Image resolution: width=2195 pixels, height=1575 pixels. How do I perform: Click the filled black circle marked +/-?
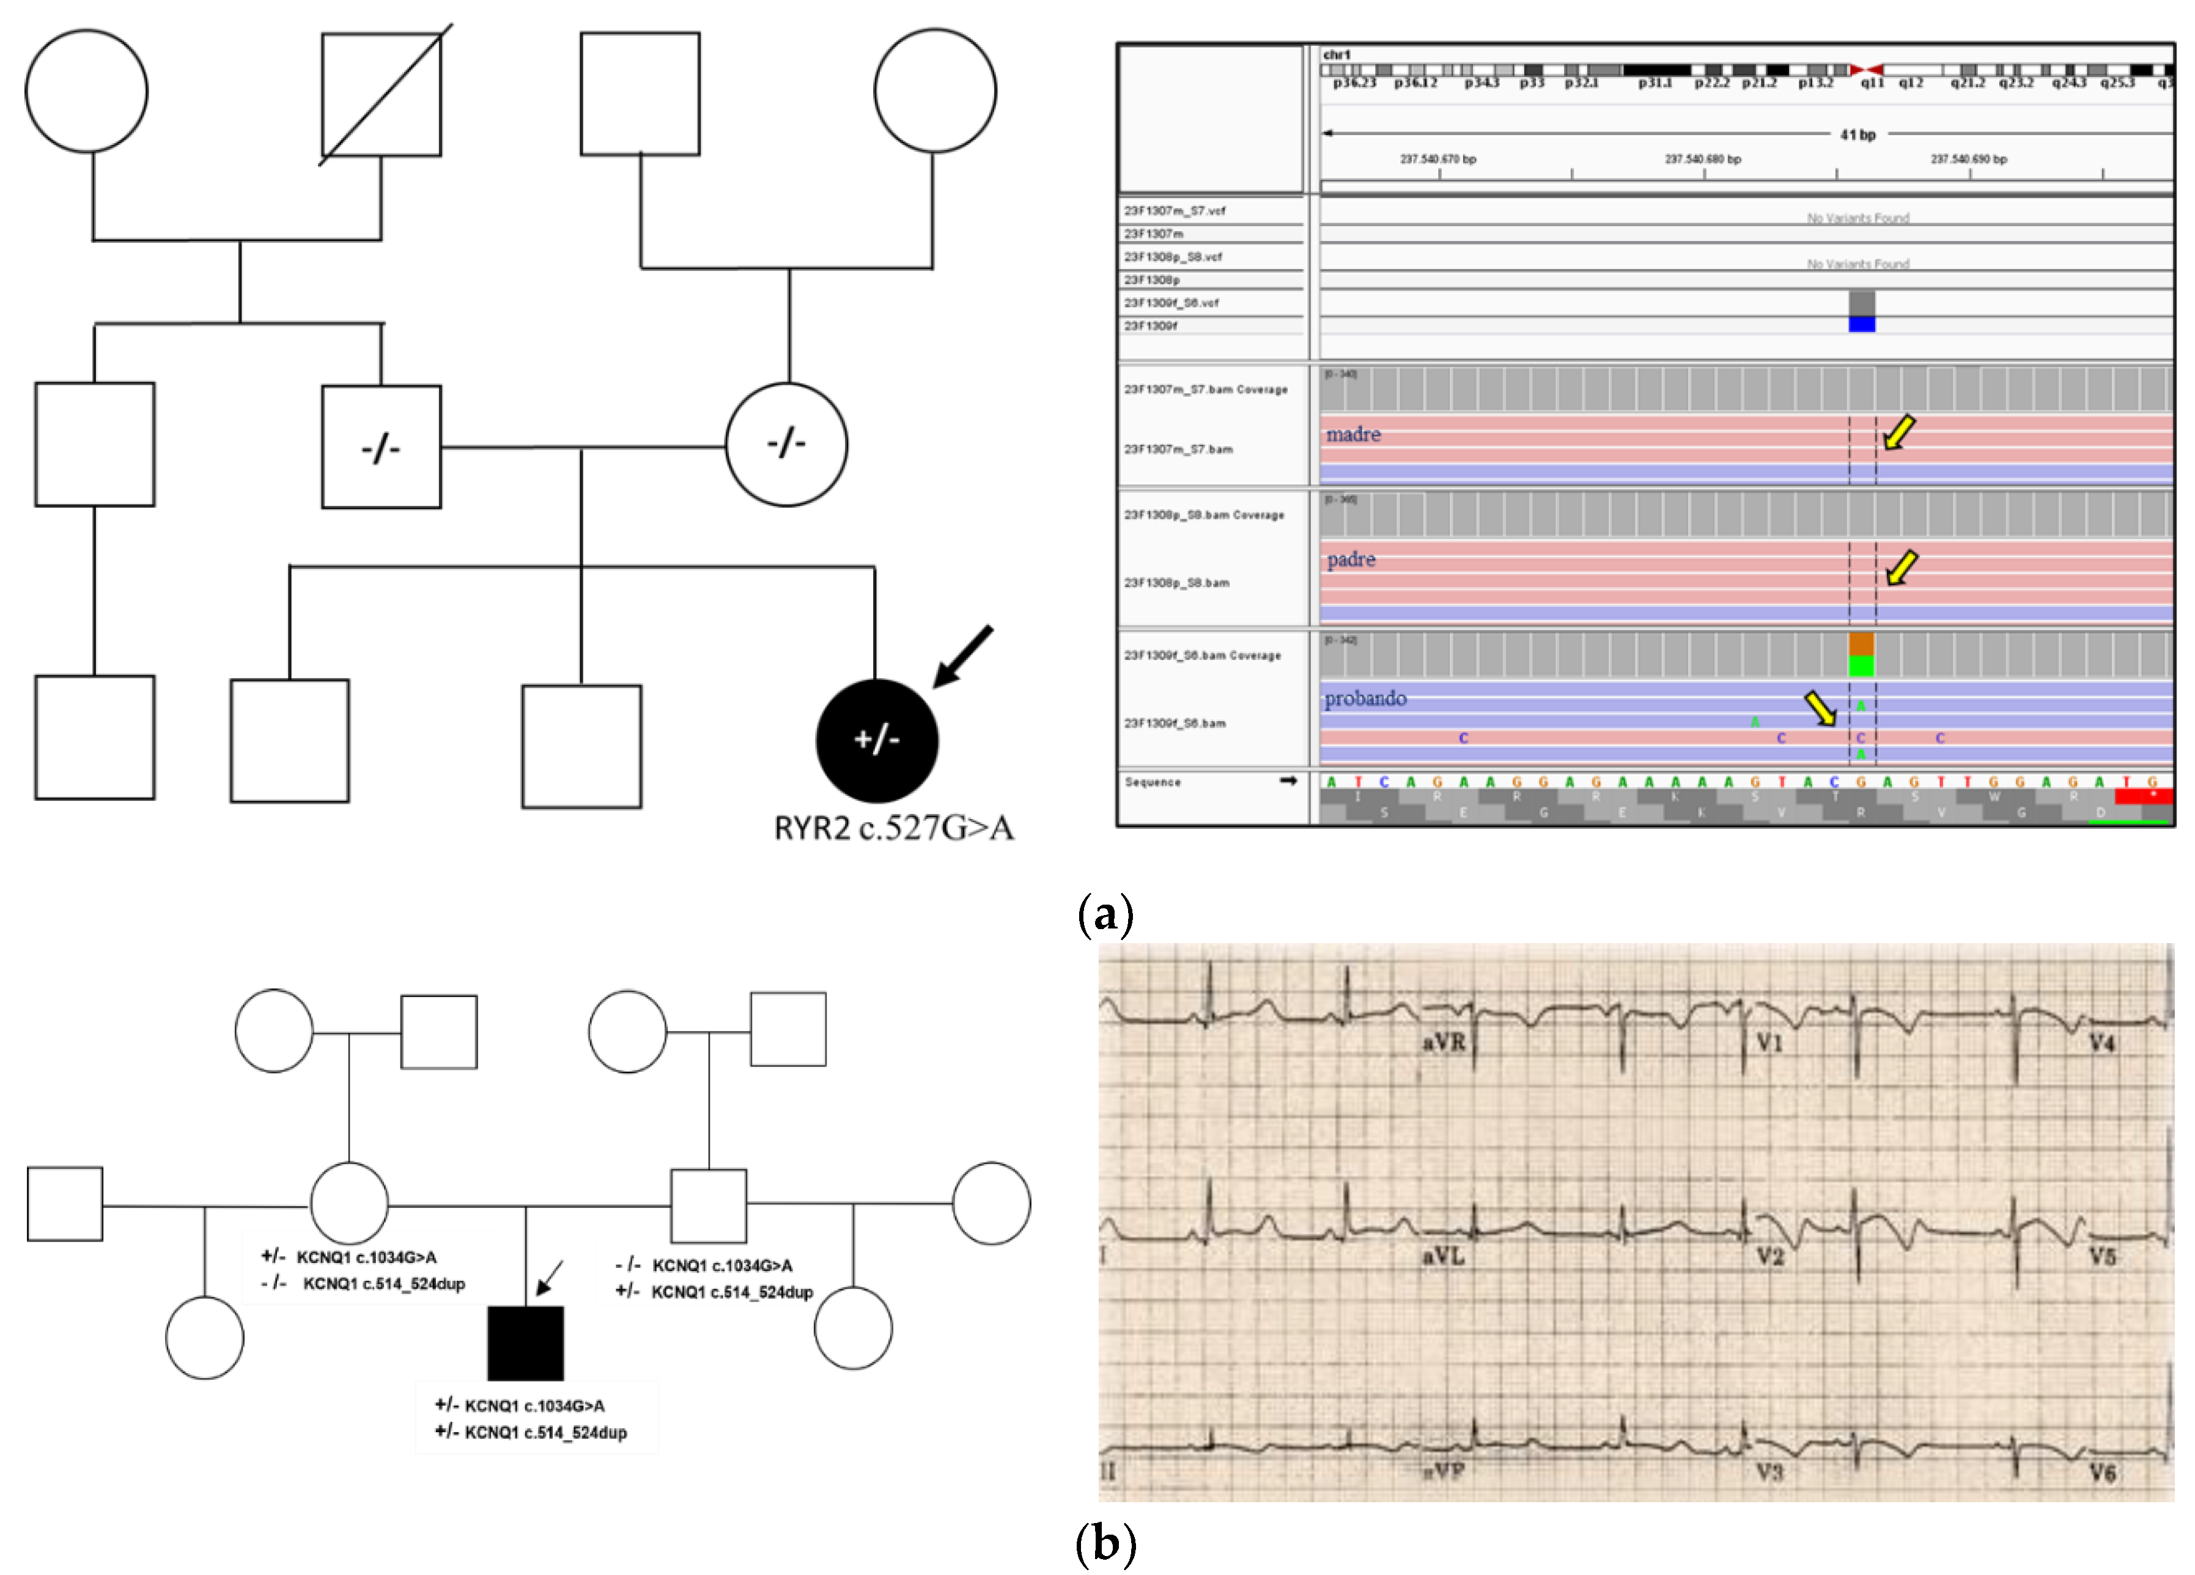click(877, 741)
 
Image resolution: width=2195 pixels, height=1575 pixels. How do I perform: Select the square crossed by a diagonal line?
click(382, 94)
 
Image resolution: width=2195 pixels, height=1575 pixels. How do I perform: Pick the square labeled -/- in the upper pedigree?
click(382, 447)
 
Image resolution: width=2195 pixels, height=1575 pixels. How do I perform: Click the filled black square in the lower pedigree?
click(526, 1344)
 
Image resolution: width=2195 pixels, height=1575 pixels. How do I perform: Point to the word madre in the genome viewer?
click(1353, 435)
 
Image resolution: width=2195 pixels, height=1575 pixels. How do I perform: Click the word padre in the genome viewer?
click(1351, 560)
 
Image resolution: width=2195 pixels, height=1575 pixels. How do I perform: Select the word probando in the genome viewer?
click(1365, 698)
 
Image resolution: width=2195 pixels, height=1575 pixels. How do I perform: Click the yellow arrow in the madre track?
click(1899, 432)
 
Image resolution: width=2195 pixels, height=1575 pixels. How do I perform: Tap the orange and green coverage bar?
click(1861, 654)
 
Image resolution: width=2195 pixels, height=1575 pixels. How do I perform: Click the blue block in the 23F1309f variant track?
click(1861, 324)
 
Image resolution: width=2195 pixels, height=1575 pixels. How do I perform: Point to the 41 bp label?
click(1857, 135)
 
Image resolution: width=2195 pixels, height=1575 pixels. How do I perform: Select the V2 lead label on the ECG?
click(1770, 1256)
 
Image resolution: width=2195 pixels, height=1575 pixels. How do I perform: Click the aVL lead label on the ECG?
click(1443, 1256)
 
